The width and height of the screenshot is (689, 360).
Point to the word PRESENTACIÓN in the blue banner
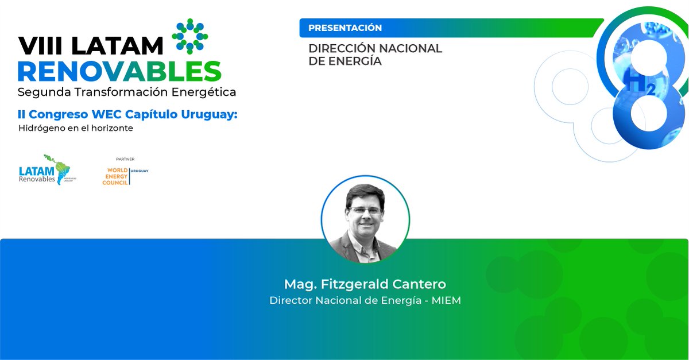click(344, 28)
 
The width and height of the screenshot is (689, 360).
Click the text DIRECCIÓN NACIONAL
click(375, 48)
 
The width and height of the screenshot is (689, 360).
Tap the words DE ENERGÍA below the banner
click(344, 61)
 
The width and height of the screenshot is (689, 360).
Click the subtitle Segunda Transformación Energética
click(126, 92)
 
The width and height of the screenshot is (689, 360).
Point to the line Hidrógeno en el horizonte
click(76, 128)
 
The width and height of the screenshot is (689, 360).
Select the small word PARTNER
click(125, 158)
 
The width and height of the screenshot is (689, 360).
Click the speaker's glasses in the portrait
click(365, 210)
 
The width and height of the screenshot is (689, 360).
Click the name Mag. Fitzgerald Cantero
click(365, 284)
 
